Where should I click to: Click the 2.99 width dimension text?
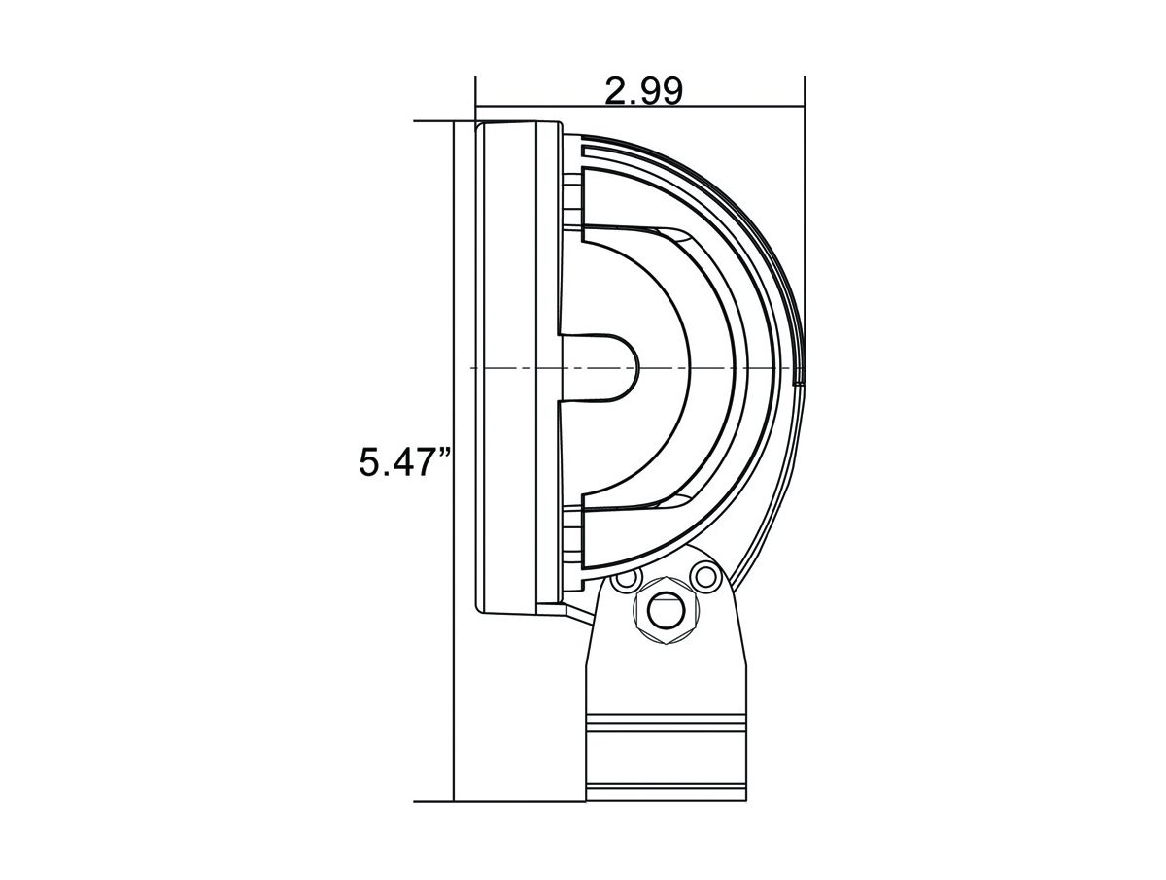point(643,92)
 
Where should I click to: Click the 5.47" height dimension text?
point(405,461)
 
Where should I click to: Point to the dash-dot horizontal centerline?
point(636,367)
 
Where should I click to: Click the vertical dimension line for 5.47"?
point(454,460)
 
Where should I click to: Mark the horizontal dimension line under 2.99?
point(640,106)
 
